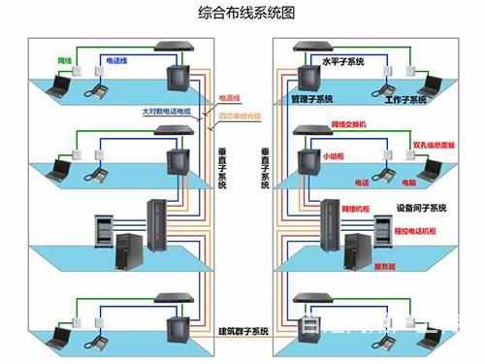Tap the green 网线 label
65,60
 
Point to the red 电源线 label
230,98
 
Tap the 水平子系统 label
342,61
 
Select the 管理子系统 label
310,99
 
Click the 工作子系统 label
405,100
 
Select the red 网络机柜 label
359,209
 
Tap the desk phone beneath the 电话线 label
97,90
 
